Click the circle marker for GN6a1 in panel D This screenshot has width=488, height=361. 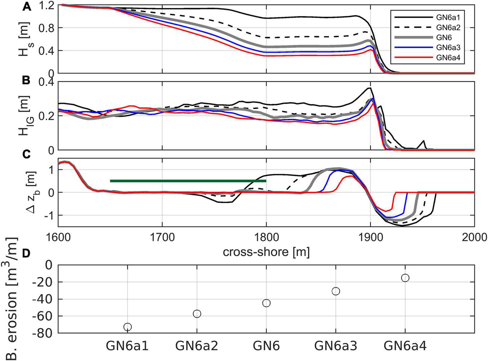pos(127,327)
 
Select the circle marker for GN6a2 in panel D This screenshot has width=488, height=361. pos(197,313)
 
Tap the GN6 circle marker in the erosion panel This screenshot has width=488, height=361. pos(267,303)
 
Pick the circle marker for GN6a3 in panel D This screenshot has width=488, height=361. pos(336,291)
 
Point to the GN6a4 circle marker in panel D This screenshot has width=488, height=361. pos(405,278)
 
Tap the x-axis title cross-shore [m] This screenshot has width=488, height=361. pos(266,251)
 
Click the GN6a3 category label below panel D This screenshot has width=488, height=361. pos(336,346)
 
